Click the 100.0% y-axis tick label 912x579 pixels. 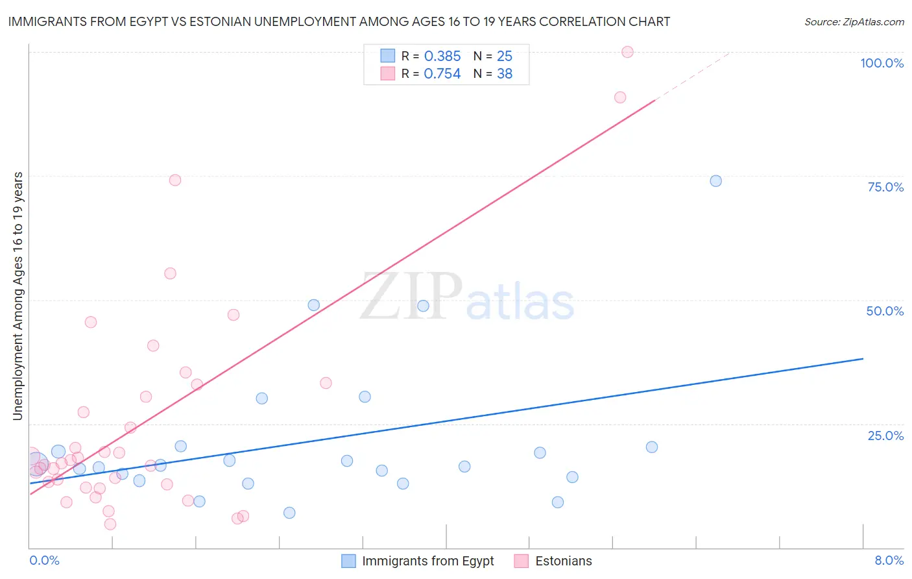882,63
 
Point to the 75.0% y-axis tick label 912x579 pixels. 885,187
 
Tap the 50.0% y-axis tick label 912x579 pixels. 885,311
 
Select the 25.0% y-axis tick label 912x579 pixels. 885,436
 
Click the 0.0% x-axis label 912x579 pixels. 44,560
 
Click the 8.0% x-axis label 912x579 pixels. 889,560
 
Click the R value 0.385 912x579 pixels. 442,56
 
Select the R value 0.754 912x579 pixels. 442,74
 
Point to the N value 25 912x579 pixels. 505,56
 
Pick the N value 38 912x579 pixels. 505,74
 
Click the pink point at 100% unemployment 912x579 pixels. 627,52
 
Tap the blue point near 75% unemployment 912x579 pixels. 715,181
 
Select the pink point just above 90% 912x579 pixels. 620,97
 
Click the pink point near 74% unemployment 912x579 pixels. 174,180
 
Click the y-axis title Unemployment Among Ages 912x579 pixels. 18,296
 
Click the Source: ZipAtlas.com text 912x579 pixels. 854,22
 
